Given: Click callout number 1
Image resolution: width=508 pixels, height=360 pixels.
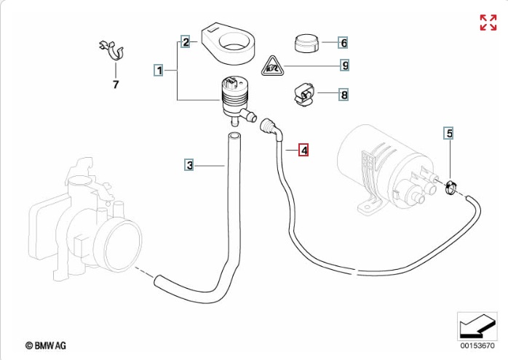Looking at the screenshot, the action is coord(159,70).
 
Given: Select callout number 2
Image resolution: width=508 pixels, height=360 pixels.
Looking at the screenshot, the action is coord(186,42).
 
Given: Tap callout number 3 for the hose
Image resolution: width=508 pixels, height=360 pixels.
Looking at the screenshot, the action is coord(189,165).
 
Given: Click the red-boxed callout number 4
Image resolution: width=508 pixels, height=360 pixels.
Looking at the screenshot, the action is coord(303,150).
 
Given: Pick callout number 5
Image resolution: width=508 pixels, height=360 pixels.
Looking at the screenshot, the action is coord(449,133).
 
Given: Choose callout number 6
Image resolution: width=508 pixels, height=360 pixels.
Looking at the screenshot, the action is coord(344,43).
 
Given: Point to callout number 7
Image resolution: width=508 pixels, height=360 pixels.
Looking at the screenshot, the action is coord(116,84).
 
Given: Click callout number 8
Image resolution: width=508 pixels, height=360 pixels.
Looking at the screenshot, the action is coord(344,95).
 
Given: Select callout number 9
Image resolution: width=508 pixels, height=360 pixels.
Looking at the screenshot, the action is coord(345,65).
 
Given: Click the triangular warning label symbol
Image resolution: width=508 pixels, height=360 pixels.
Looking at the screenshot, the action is coord(272,66).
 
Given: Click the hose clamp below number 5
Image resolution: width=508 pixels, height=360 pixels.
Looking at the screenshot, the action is coord(451,188).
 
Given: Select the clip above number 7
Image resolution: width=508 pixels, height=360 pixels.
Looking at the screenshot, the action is coord(112,50).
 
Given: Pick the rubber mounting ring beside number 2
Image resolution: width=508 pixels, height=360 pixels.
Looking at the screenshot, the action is coord(228,43).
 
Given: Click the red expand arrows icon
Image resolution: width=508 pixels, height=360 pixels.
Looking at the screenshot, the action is coord(488,23).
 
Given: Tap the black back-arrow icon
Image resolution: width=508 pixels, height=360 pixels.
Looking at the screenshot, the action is coord(477,326).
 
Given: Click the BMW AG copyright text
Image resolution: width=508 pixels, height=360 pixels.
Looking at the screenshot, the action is coord(46,345).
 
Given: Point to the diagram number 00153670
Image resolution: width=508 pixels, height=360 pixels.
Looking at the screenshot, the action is coord(477,345).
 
